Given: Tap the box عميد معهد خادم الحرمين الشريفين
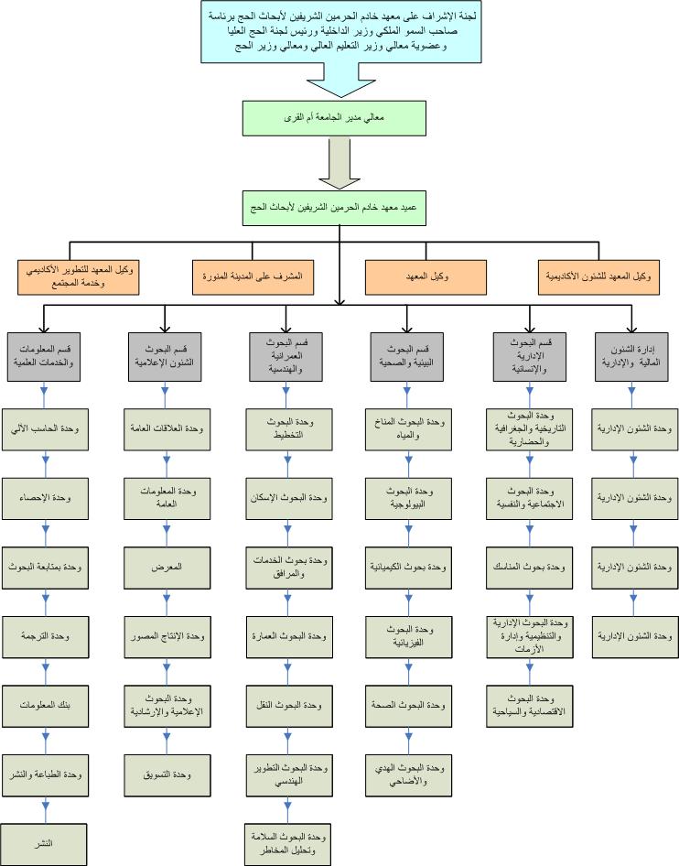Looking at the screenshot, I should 339,208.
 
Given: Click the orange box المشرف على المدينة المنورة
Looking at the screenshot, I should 253,276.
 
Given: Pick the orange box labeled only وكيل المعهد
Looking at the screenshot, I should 426,276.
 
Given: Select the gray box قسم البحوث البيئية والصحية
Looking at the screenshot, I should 407,355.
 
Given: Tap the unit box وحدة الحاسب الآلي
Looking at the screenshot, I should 45,428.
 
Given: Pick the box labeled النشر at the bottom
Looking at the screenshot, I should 45,844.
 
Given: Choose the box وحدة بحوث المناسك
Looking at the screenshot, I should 528,567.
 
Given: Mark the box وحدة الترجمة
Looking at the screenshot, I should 45,635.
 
